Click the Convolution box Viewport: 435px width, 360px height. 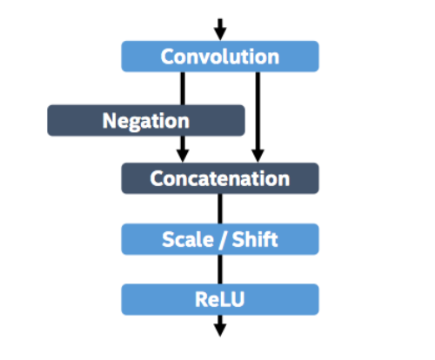(x=220, y=57)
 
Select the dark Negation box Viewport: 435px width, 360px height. (x=146, y=120)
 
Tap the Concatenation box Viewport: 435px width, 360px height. (x=220, y=178)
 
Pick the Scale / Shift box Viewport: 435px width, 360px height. (x=220, y=239)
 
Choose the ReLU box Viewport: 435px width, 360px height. (x=220, y=299)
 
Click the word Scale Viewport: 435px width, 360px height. (x=188, y=240)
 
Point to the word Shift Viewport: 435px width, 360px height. (x=255, y=239)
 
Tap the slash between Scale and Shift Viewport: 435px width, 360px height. (x=223, y=240)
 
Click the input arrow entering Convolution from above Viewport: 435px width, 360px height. (x=220, y=30)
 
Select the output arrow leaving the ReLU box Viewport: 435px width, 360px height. (x=220, y=326)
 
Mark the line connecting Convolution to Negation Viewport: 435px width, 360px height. (x=183, y=89)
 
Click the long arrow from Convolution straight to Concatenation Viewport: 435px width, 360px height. (x=258, y=117)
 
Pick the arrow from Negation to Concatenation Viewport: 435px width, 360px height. (x=183, y=150)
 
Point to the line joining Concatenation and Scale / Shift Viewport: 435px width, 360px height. (x=220, y=209)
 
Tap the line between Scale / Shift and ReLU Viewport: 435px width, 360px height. (x=220, y=270)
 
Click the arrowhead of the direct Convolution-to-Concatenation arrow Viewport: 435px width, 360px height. (x=258, y=157)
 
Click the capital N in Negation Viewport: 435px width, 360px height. (x=110, y=120)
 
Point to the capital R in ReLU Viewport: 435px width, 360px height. (x=202, y=299)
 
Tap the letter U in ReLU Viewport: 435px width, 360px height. (x=238, y=300)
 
